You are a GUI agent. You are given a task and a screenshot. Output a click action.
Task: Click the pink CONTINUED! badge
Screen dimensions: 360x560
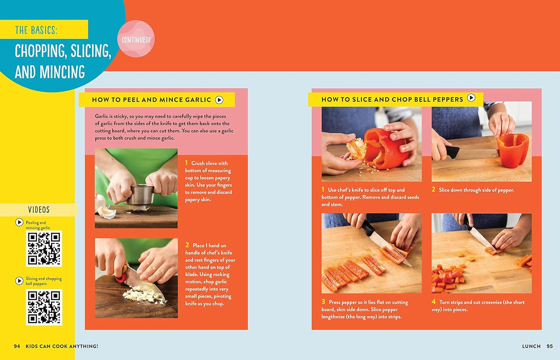click(136, 40)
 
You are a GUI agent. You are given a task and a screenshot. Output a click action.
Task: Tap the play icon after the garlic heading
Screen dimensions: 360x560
click(219, 100)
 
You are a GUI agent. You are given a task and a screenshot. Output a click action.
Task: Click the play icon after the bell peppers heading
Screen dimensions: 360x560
click(471, 98)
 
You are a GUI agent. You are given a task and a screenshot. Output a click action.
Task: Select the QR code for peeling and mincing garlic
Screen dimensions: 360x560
click(44, 248)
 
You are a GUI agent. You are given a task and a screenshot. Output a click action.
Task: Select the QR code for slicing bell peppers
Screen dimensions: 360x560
click(44, 307)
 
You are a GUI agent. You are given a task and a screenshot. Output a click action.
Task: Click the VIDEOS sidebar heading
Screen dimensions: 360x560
click(39, 210)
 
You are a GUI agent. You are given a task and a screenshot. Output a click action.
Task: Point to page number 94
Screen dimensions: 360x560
click(17, 346)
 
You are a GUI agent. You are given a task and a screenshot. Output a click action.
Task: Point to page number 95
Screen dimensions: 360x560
click(550, 346)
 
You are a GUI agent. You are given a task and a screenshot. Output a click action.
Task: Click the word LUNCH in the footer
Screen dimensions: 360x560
click(531, 346)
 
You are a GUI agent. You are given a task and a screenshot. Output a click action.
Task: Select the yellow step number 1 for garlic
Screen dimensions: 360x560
click(186, 163)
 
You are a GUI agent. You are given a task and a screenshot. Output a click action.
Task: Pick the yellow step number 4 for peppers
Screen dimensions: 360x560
click(434, 301)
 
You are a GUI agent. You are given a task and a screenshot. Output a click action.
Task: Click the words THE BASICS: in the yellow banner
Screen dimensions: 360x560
click(36, 30)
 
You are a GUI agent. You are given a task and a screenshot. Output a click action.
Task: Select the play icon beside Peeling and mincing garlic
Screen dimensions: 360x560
click(19, 222)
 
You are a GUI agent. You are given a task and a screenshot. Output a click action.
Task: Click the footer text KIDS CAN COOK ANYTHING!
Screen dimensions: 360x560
click(62, 346)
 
